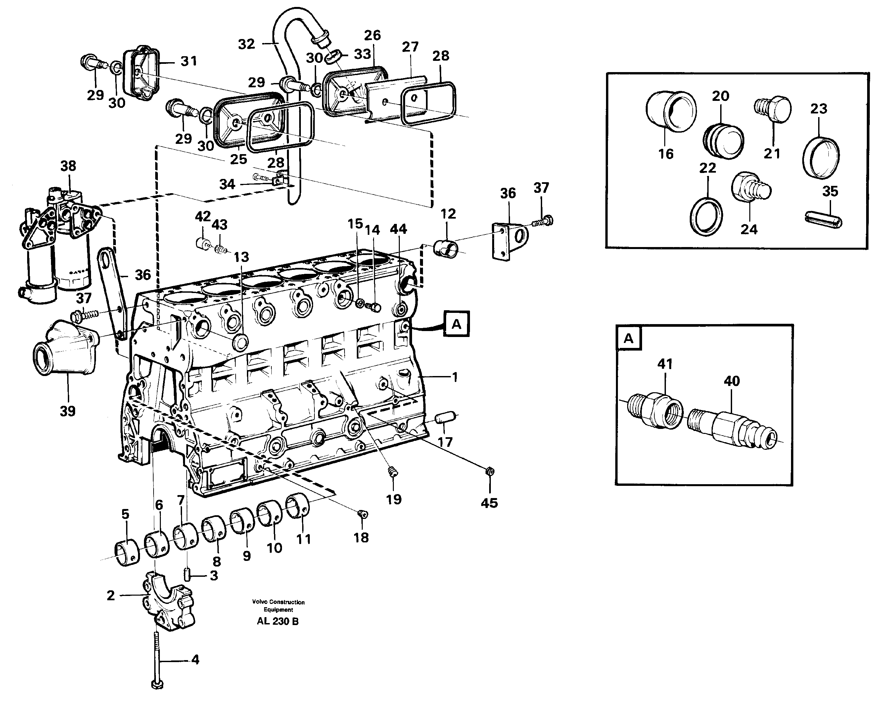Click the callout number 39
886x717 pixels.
[68, 411]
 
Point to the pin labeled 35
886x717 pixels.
[823, 219]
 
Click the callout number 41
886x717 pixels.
[665, 364]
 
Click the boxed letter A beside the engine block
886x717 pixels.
[456, 324]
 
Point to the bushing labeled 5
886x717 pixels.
[126, 553]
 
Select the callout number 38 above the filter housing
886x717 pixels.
[68, 166]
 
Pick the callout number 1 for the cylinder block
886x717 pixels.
[454, 377]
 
